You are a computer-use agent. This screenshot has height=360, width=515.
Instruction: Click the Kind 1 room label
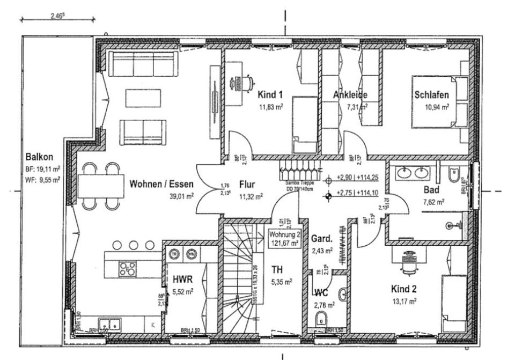pyautogui.click(x=270, y=95)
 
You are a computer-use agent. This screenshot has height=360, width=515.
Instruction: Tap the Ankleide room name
pyautogui.click(x=350, y=95)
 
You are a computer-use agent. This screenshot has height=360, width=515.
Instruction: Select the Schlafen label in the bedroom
pyautogui.click(x=431, y=95)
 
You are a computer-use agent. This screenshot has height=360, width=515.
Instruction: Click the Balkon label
pyautogui.click(x=39, y=157)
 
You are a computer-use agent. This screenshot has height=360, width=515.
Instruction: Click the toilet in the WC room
pyautogui.click(x=321, y=317)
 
